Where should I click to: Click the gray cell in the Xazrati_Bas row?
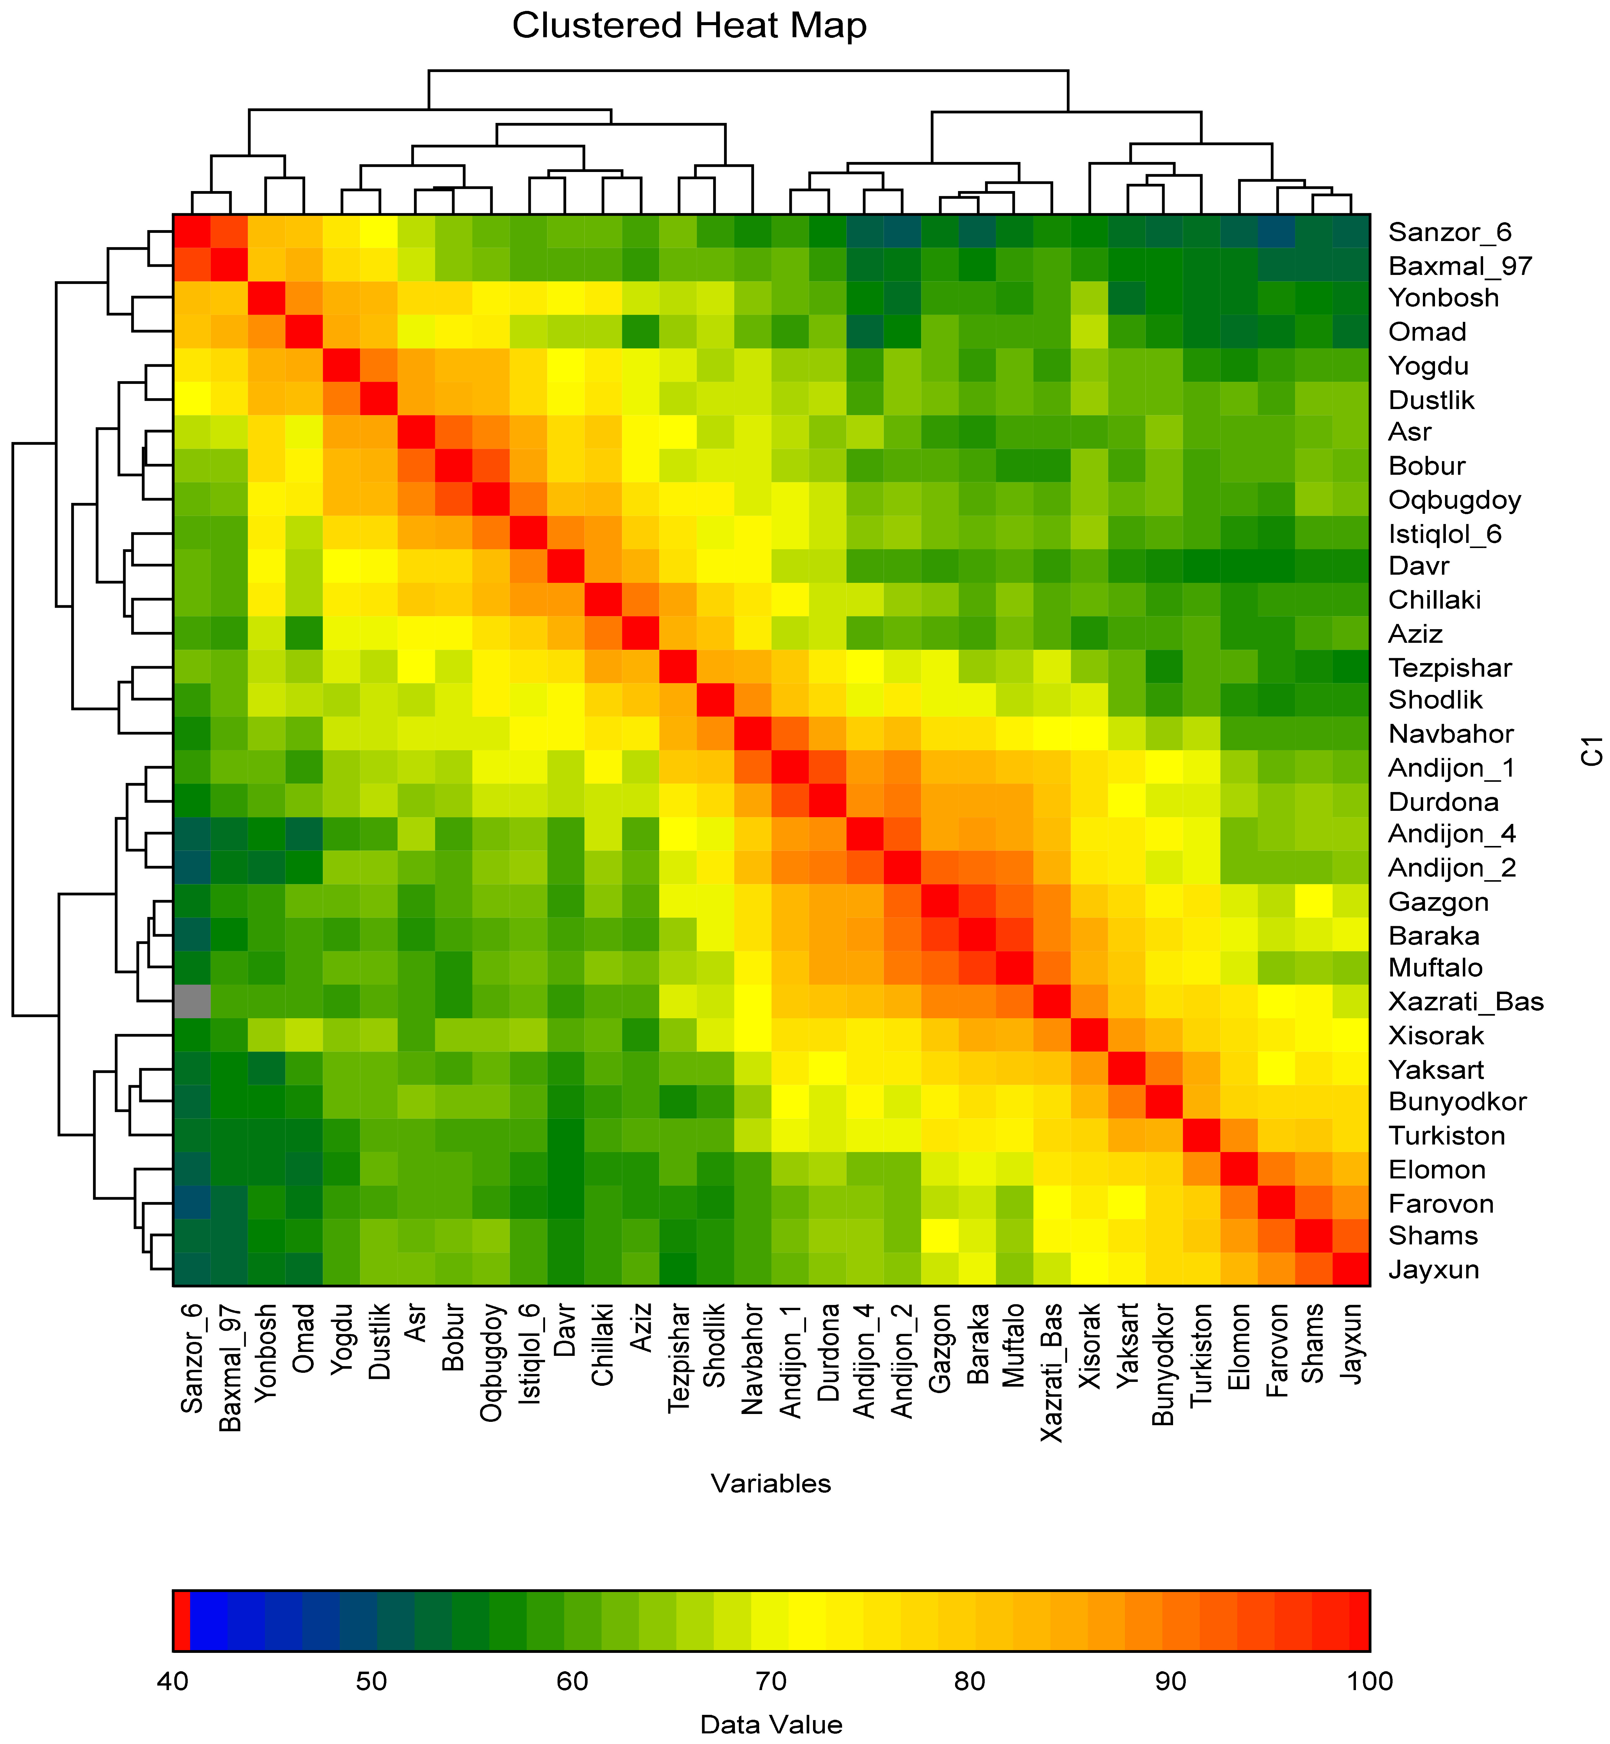point(192,1001)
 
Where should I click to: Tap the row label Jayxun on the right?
point(1434,1269)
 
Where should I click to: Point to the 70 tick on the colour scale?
point(771,1680)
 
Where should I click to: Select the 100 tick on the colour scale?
point(1370,1680)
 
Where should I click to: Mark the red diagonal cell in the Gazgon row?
point(941,901)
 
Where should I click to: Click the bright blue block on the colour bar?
point(208,1620)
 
